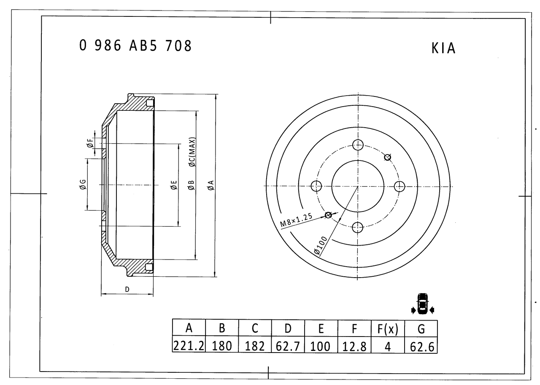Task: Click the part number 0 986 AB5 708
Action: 135,45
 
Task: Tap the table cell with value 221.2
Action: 189,346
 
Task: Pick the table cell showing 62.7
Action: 288,346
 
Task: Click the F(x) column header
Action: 388,329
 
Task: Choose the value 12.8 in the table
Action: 354,346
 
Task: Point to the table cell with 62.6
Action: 421,346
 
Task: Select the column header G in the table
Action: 421,329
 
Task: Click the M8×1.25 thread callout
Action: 296,221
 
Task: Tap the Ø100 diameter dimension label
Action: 321,246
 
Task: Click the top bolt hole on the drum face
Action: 358,145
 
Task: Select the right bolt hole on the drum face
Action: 399,186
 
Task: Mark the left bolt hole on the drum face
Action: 316,186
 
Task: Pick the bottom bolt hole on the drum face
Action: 358,227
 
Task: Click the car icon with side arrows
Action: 422,304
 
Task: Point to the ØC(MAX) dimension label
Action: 192,152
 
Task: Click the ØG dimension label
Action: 83,184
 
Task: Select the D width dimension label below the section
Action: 127,289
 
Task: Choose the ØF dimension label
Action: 89,144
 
